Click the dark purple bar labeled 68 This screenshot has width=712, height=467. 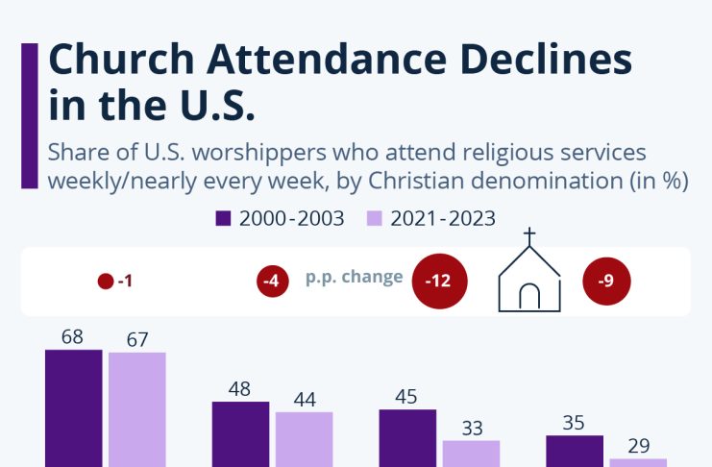pyautogui.click(x=73, y=407)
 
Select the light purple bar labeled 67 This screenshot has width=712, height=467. pyautogui.click(x=137, y=409)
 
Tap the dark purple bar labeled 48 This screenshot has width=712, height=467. pyautogui.click(x=240, y=433)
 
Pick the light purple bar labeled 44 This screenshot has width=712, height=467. pyautogui.click(x=305, y=439)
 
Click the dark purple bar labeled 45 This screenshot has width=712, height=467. pyautogui.click(x=407, y=437)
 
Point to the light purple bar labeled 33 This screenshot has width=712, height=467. pyautogui.click(x=472, y=453)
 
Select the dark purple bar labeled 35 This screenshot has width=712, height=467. pyautogui.click(x=575, y=450)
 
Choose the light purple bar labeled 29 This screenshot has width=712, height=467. pyautogui.click(x=638, y=461)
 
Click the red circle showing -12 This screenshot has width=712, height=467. pyautogui.click(x=438, y=282)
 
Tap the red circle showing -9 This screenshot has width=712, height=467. pyautogui.click(x=606, y=282)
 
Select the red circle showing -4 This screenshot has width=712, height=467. pyautogui.click(x=273, y=283)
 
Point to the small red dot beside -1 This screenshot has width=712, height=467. pyautogui.click(x=106, y=283)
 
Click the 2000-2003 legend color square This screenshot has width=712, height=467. pyautogui.click(x=224, y=218)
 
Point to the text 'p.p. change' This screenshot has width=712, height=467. pyautogui.click(x=354, y=277)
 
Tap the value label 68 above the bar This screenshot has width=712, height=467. pyautogui.click(x=72, y=337)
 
